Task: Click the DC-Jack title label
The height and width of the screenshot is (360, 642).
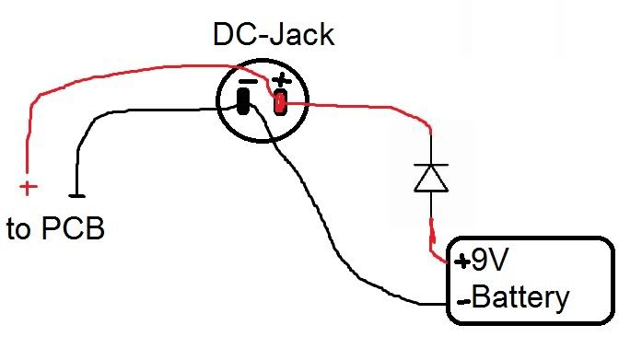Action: [274, 36]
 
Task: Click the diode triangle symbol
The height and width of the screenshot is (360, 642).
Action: [431, 178]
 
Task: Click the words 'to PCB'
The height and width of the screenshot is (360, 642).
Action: [55, 228]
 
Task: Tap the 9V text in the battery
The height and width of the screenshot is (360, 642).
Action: [489, 261]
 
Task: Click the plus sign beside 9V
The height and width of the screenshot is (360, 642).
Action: [461, 261]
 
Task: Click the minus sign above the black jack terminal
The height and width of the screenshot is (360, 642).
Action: [246, 82]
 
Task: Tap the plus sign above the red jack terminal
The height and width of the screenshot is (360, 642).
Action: [281, 81]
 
